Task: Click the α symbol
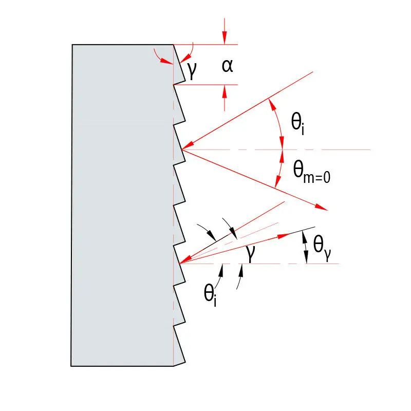coord(227,66)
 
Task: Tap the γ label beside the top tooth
coord(192,70)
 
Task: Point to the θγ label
coord(322,248)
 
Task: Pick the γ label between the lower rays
coord(251,253)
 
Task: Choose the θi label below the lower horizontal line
coord(210,295)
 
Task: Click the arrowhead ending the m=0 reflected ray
coord(322,207)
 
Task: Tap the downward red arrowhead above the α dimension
coord(225,38)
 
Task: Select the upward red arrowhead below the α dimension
coord(225,91)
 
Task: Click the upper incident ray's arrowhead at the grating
coord(188,146)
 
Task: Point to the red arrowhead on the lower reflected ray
coord(284,236)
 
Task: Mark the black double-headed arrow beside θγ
coord(305,247)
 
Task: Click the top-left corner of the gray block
coord(72,45)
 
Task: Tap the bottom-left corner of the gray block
coord(71,366)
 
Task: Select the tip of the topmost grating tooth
coord(185,81)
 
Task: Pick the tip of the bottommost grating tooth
coord(185,362)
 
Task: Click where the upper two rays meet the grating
coord(182,150)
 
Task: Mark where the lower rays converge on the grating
coord(179,263)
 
